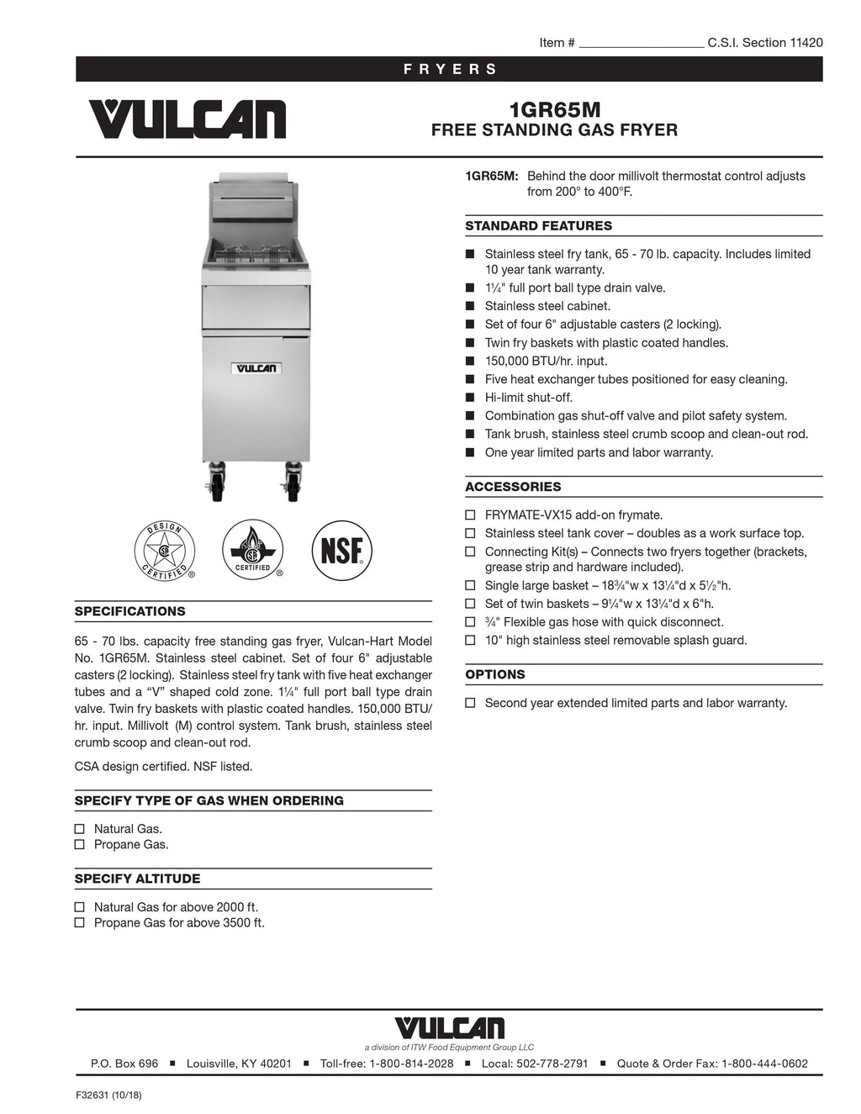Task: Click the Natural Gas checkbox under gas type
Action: [80, 829]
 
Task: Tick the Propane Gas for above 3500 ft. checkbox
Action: [80, 923]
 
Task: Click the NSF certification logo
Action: [341, 551]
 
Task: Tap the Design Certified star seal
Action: [164, 552]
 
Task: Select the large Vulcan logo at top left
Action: [187, 119]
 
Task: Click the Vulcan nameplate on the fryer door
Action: [256, 368]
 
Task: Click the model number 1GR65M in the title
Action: [554, 110]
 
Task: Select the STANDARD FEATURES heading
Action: [538, 225]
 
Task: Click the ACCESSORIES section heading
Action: [513, 487]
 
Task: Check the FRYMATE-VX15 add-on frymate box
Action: [471, 515]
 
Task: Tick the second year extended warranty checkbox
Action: [471, 703]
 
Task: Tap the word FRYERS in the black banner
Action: [450, 69]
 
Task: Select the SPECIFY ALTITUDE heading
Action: [137, 879]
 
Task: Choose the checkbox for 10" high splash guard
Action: [471, 641]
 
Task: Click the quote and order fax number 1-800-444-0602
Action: [764, 1064]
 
